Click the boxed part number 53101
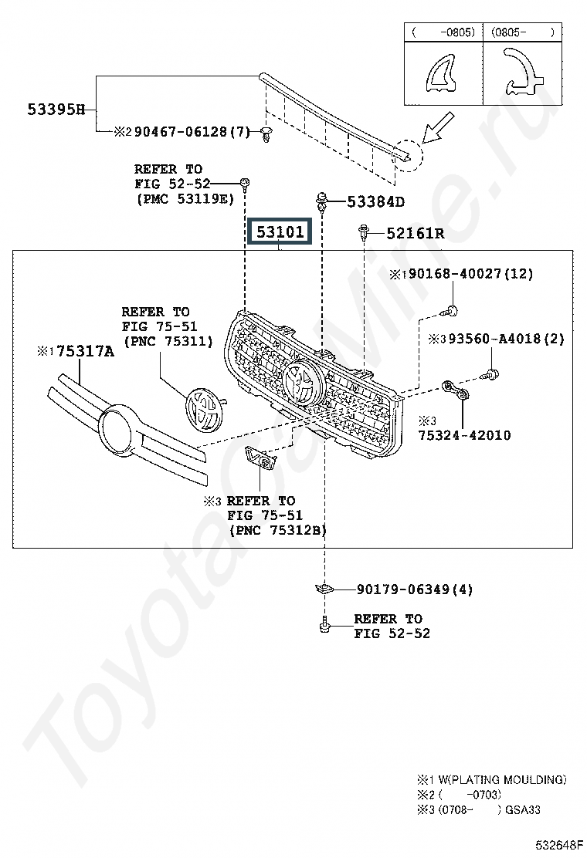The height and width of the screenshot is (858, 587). coord(280,231)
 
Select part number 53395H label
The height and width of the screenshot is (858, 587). coord(56,110)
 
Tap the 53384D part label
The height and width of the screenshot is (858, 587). coord(375,202)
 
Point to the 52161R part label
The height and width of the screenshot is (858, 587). coord(415,234)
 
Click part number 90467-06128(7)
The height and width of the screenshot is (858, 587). coord(192,132)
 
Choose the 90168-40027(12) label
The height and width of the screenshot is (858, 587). coord(471,274)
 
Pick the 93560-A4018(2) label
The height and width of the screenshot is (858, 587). coord(507,339)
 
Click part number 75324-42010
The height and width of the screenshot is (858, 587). coord(464,435)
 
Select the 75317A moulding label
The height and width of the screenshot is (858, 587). coord(86,351)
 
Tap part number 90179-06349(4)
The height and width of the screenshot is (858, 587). coord(415,589)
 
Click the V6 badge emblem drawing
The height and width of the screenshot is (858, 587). coord(260,458)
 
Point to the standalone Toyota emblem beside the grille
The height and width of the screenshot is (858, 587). coord(204,410)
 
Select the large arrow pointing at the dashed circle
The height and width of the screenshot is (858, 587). coord(438,127)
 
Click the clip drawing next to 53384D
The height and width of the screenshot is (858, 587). coord(321,202)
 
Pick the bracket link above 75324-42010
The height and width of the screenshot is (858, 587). coord(456,390)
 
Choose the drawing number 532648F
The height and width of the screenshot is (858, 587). coord(559,846)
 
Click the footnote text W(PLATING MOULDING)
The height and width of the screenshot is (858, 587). coord(502,780)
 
